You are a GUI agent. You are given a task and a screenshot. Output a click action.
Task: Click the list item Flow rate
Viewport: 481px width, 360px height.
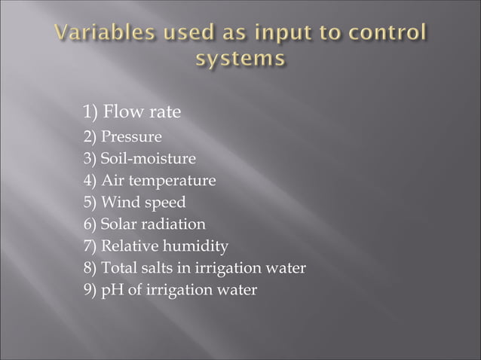[142, 114]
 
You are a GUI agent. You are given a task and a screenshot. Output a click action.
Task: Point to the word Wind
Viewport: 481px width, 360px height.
[118, 203]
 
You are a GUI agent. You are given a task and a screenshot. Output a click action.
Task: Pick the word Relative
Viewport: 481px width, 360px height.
[128, 246]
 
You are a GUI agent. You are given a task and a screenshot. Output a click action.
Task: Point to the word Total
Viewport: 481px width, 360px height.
[117, 268]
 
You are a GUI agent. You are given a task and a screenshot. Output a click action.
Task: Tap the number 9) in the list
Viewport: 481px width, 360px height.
[90, 290]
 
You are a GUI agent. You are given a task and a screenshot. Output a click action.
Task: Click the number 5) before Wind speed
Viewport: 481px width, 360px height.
[90, 203]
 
